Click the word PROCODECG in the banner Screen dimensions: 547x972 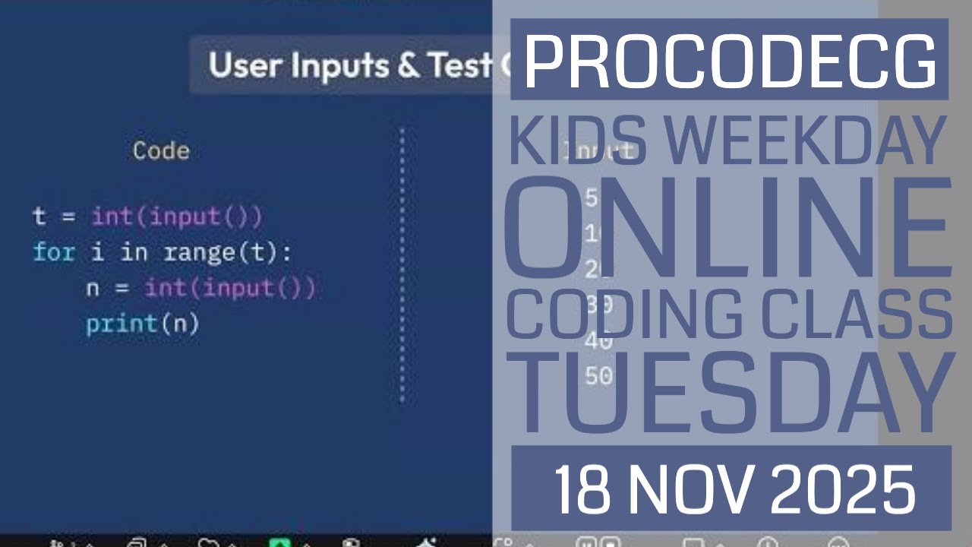pyautogui.click(x=730, y=61)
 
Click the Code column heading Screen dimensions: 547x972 pyautogui.click(x=161, y=150)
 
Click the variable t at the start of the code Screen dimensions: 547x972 pyautogui.click(x=39, y=217)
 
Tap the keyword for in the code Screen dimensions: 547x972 pyautogui.click(x=53, y=252)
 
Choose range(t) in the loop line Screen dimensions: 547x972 pyautogui.click(x=227, y=252)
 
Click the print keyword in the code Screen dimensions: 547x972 pyautogui.click(x=121, y=324)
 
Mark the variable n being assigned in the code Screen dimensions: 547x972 pyautogui.click(x=93, y=289)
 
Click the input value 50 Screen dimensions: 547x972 pyautogui.click(x=599, y=375)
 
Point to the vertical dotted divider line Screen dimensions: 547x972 pyautogui.click(x=402, y=266)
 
